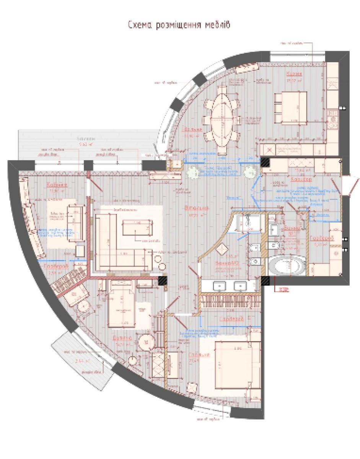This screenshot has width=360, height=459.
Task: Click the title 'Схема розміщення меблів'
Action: pos(179,25)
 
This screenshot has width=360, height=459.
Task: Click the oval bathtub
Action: pos(287,265)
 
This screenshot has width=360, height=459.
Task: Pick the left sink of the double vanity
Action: pos(220,285)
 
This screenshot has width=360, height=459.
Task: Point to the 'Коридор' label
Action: pos(301,179)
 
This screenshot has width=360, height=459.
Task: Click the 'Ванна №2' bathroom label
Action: pos(222,264)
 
